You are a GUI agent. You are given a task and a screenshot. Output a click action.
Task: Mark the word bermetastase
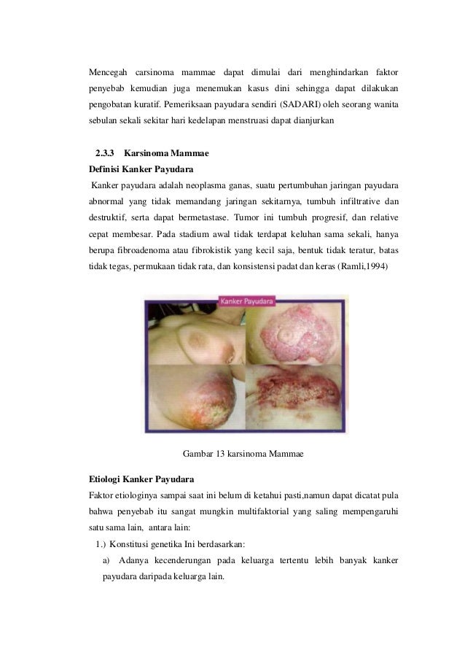[203, 218]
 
